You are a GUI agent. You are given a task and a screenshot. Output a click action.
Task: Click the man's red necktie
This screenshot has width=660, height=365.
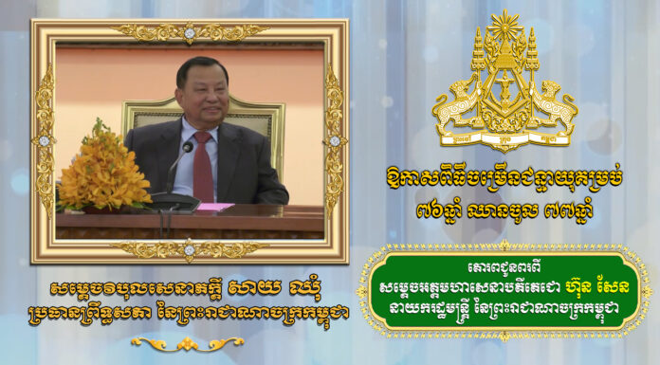(203, 166)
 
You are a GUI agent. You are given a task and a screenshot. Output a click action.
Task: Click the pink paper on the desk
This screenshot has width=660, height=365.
(214, 207)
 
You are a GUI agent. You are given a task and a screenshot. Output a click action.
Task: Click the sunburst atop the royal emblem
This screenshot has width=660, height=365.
(504, 27)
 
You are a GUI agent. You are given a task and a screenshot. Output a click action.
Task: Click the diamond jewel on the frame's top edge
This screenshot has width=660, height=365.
(189, 32)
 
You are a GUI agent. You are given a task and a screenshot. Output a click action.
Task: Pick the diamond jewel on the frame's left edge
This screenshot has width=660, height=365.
(45, 140)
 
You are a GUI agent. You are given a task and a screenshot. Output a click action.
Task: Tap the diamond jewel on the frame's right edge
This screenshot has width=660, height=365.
(335, 140)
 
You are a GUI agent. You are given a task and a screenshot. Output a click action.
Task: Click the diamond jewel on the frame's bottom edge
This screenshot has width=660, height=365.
(189, 250)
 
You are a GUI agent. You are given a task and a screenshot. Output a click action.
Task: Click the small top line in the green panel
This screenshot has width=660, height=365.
(504, 267)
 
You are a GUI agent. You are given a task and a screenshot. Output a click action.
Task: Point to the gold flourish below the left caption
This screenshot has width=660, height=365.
(188, 343)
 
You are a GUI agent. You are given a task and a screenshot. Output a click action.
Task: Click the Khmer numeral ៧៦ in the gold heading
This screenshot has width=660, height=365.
(427, 210)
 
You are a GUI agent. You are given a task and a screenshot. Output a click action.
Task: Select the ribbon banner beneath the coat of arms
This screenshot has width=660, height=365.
(505, 138)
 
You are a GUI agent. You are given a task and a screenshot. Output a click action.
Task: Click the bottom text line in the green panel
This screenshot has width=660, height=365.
(504, 309)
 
